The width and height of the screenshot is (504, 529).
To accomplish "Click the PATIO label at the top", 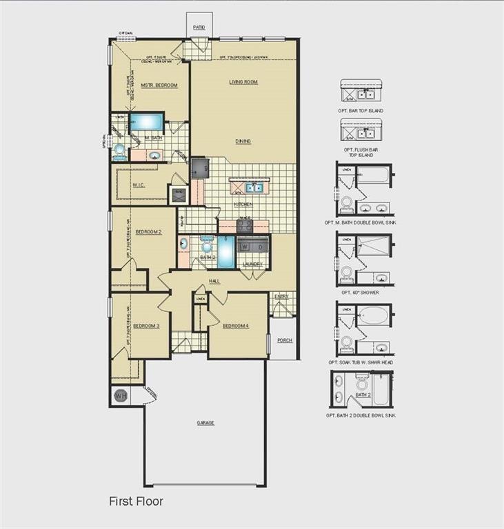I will [199, 28].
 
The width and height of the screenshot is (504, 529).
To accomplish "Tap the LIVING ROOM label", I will [243, 82].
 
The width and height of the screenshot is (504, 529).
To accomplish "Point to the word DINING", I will [243, 141].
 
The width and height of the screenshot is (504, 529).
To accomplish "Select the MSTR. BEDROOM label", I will [159, 85].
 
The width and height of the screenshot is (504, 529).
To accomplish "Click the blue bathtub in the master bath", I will [146, 122].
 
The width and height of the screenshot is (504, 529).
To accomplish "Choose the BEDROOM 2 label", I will [148, 232].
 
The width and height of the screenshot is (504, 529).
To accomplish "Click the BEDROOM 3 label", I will [146, 325].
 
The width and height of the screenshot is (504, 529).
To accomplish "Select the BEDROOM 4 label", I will [235, 325].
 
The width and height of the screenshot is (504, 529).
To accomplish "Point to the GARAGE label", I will [205, 422].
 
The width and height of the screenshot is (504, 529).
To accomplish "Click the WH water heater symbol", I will [120, 396].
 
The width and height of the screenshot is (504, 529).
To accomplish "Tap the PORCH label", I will [284, 340].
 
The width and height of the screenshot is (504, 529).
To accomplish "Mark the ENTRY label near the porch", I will [281, 297].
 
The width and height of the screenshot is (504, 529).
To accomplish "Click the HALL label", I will [214, 281].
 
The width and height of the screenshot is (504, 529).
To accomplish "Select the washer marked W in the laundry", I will [245, 247].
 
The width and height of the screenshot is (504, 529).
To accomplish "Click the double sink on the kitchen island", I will [254, 187].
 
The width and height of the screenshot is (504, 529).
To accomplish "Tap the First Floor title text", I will [136, 501].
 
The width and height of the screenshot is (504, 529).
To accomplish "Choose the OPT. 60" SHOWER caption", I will [361, 292].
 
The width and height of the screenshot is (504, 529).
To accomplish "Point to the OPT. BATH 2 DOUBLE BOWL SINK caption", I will [361, 415].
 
